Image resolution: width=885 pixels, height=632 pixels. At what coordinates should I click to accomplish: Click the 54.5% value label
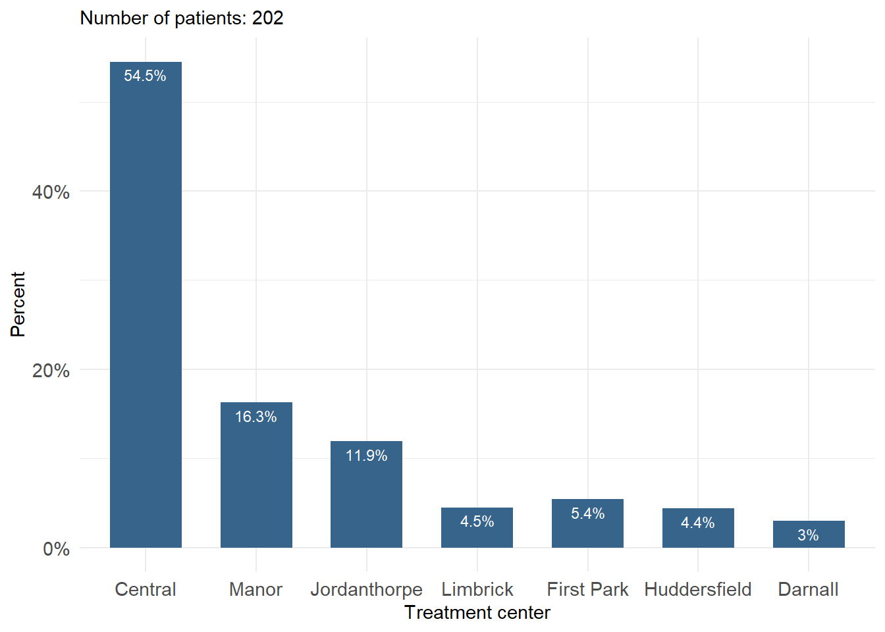coord(145,76)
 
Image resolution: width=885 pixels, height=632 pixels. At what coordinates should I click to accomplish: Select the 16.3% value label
coord(256,417)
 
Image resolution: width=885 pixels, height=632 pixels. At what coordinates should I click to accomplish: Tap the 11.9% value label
coord(366,456)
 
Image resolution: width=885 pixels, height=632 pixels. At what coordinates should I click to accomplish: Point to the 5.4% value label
coord(587,513)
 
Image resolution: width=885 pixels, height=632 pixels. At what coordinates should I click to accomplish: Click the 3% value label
coord(808,535)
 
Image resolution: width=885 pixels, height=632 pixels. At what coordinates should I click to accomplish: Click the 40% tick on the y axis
coord(51,192)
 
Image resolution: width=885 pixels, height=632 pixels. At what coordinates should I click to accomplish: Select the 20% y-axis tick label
coord(51,371)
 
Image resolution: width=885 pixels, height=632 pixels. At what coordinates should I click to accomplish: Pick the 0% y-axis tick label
coord(56,549)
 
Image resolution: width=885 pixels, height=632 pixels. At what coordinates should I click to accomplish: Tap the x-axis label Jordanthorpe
coord(366,589)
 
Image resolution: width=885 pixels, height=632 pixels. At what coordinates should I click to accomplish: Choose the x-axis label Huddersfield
coord(698,589)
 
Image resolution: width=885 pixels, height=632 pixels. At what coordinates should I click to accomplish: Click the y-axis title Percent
coord(18,304)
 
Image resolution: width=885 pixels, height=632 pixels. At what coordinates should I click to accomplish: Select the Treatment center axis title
coord(477,613)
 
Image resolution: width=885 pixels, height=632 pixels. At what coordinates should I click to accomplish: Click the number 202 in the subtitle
coord(268,18)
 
